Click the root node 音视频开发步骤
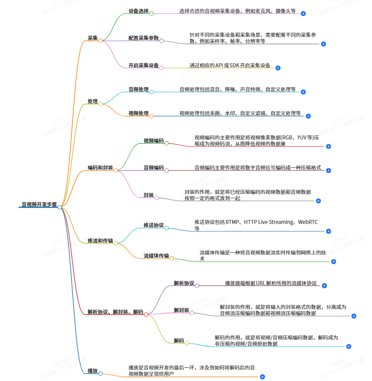tap(39, 205)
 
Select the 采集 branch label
tap(92, 38)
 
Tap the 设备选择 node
tap(138, 11)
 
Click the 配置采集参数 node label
tap(143, 38)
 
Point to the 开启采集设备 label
tap(143, 65)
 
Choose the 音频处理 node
tap(138, 89)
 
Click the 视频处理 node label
tap(138, 113)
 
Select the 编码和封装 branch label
tap(100, 168)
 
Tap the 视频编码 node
tap(153, 141)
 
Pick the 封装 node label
tap(149, 195)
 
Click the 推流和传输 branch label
tap(100, 241)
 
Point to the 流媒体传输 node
tap(156, 256)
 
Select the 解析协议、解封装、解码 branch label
tap(115, 312)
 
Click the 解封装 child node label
tap(181, 310)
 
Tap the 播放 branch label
tap(92, 371)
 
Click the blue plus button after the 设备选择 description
tap(303, 14)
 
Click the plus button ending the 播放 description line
tap(262, 377)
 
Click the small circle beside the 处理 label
tap(100, 104)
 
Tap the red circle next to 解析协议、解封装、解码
tap(146, 315)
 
